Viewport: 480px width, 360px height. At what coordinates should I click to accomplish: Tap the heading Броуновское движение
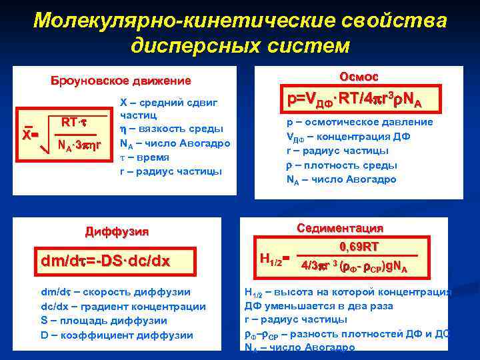(121, 81)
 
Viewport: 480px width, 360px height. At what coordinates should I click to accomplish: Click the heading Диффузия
(117, 232)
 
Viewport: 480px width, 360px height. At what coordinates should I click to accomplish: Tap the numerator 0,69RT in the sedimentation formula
(360, 246)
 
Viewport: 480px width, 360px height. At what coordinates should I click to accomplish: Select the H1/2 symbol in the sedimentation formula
(271, 257)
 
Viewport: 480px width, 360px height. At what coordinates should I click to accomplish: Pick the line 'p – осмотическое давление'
(359, 122)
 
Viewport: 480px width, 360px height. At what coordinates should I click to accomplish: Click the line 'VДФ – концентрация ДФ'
(348, 137)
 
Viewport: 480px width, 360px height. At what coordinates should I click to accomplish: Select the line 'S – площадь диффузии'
(103, 320)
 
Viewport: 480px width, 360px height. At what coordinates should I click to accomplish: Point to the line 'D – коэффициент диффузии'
(117, 335)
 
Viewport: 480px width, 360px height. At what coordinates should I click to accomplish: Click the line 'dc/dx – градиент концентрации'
(123, 306)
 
